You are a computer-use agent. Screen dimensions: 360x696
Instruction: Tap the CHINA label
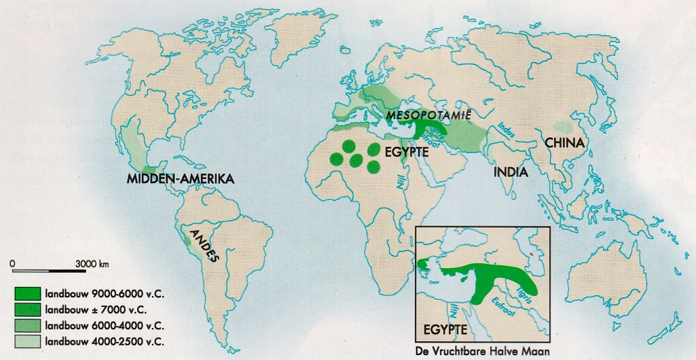click(567, 143)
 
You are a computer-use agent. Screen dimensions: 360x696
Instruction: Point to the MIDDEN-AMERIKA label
click(180, 180)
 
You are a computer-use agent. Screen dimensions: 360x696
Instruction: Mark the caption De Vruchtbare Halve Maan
click(482, 352)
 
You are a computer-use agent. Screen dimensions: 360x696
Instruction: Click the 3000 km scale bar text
click(92, 264)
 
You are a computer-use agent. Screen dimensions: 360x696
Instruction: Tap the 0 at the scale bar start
click(13, 264)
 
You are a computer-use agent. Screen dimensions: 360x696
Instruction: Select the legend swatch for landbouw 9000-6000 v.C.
click(27, 292)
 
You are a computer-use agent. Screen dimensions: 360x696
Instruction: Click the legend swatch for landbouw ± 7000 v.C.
click(27, 309)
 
